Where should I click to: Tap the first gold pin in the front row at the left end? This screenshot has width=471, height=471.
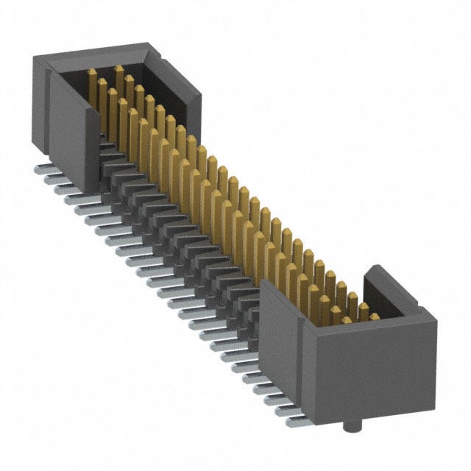click(x=93, y=76)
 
